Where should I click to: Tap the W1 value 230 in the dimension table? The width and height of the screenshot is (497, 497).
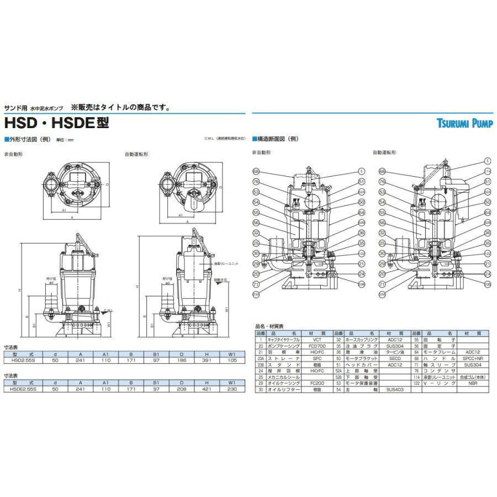click(232, 389)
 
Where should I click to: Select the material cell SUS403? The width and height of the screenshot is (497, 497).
click(394, 390)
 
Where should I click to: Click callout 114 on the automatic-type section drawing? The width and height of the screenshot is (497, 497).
click(487, 171)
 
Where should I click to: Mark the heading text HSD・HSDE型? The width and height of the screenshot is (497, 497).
click(57, 123)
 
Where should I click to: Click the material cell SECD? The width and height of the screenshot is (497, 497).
click(394, 358)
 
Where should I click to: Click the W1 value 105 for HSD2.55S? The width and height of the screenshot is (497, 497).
click(232, 359)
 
